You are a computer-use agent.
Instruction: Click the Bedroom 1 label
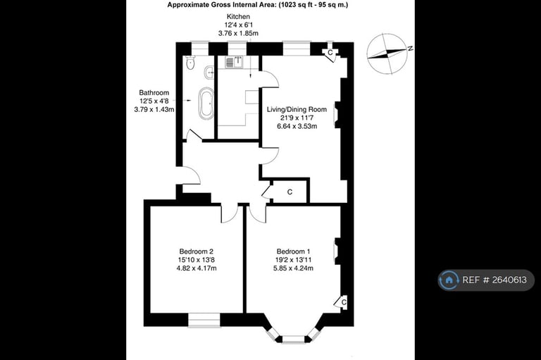[293, 252]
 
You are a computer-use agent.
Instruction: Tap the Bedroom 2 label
[196, 252]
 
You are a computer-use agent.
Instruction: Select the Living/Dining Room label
[296, 109]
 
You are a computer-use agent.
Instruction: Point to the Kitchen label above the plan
[237, 16]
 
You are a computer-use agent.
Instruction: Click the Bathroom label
[154, 92]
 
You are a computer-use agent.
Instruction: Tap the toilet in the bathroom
[189, 64]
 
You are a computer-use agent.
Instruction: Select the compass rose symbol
[387, 54]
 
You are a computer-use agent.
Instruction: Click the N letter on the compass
[409, 49]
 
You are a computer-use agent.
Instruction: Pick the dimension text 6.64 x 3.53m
[296, 127]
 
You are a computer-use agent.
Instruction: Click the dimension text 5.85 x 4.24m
[293, 268]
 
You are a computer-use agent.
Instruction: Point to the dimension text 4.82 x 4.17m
[196, 268]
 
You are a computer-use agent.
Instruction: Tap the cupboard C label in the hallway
[290, 192]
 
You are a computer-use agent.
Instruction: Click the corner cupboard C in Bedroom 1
[343, 302]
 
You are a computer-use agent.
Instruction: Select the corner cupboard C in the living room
[330, 52]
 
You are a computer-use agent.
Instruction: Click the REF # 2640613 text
[494, 280]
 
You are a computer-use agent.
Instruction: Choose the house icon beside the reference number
[449, 280]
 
